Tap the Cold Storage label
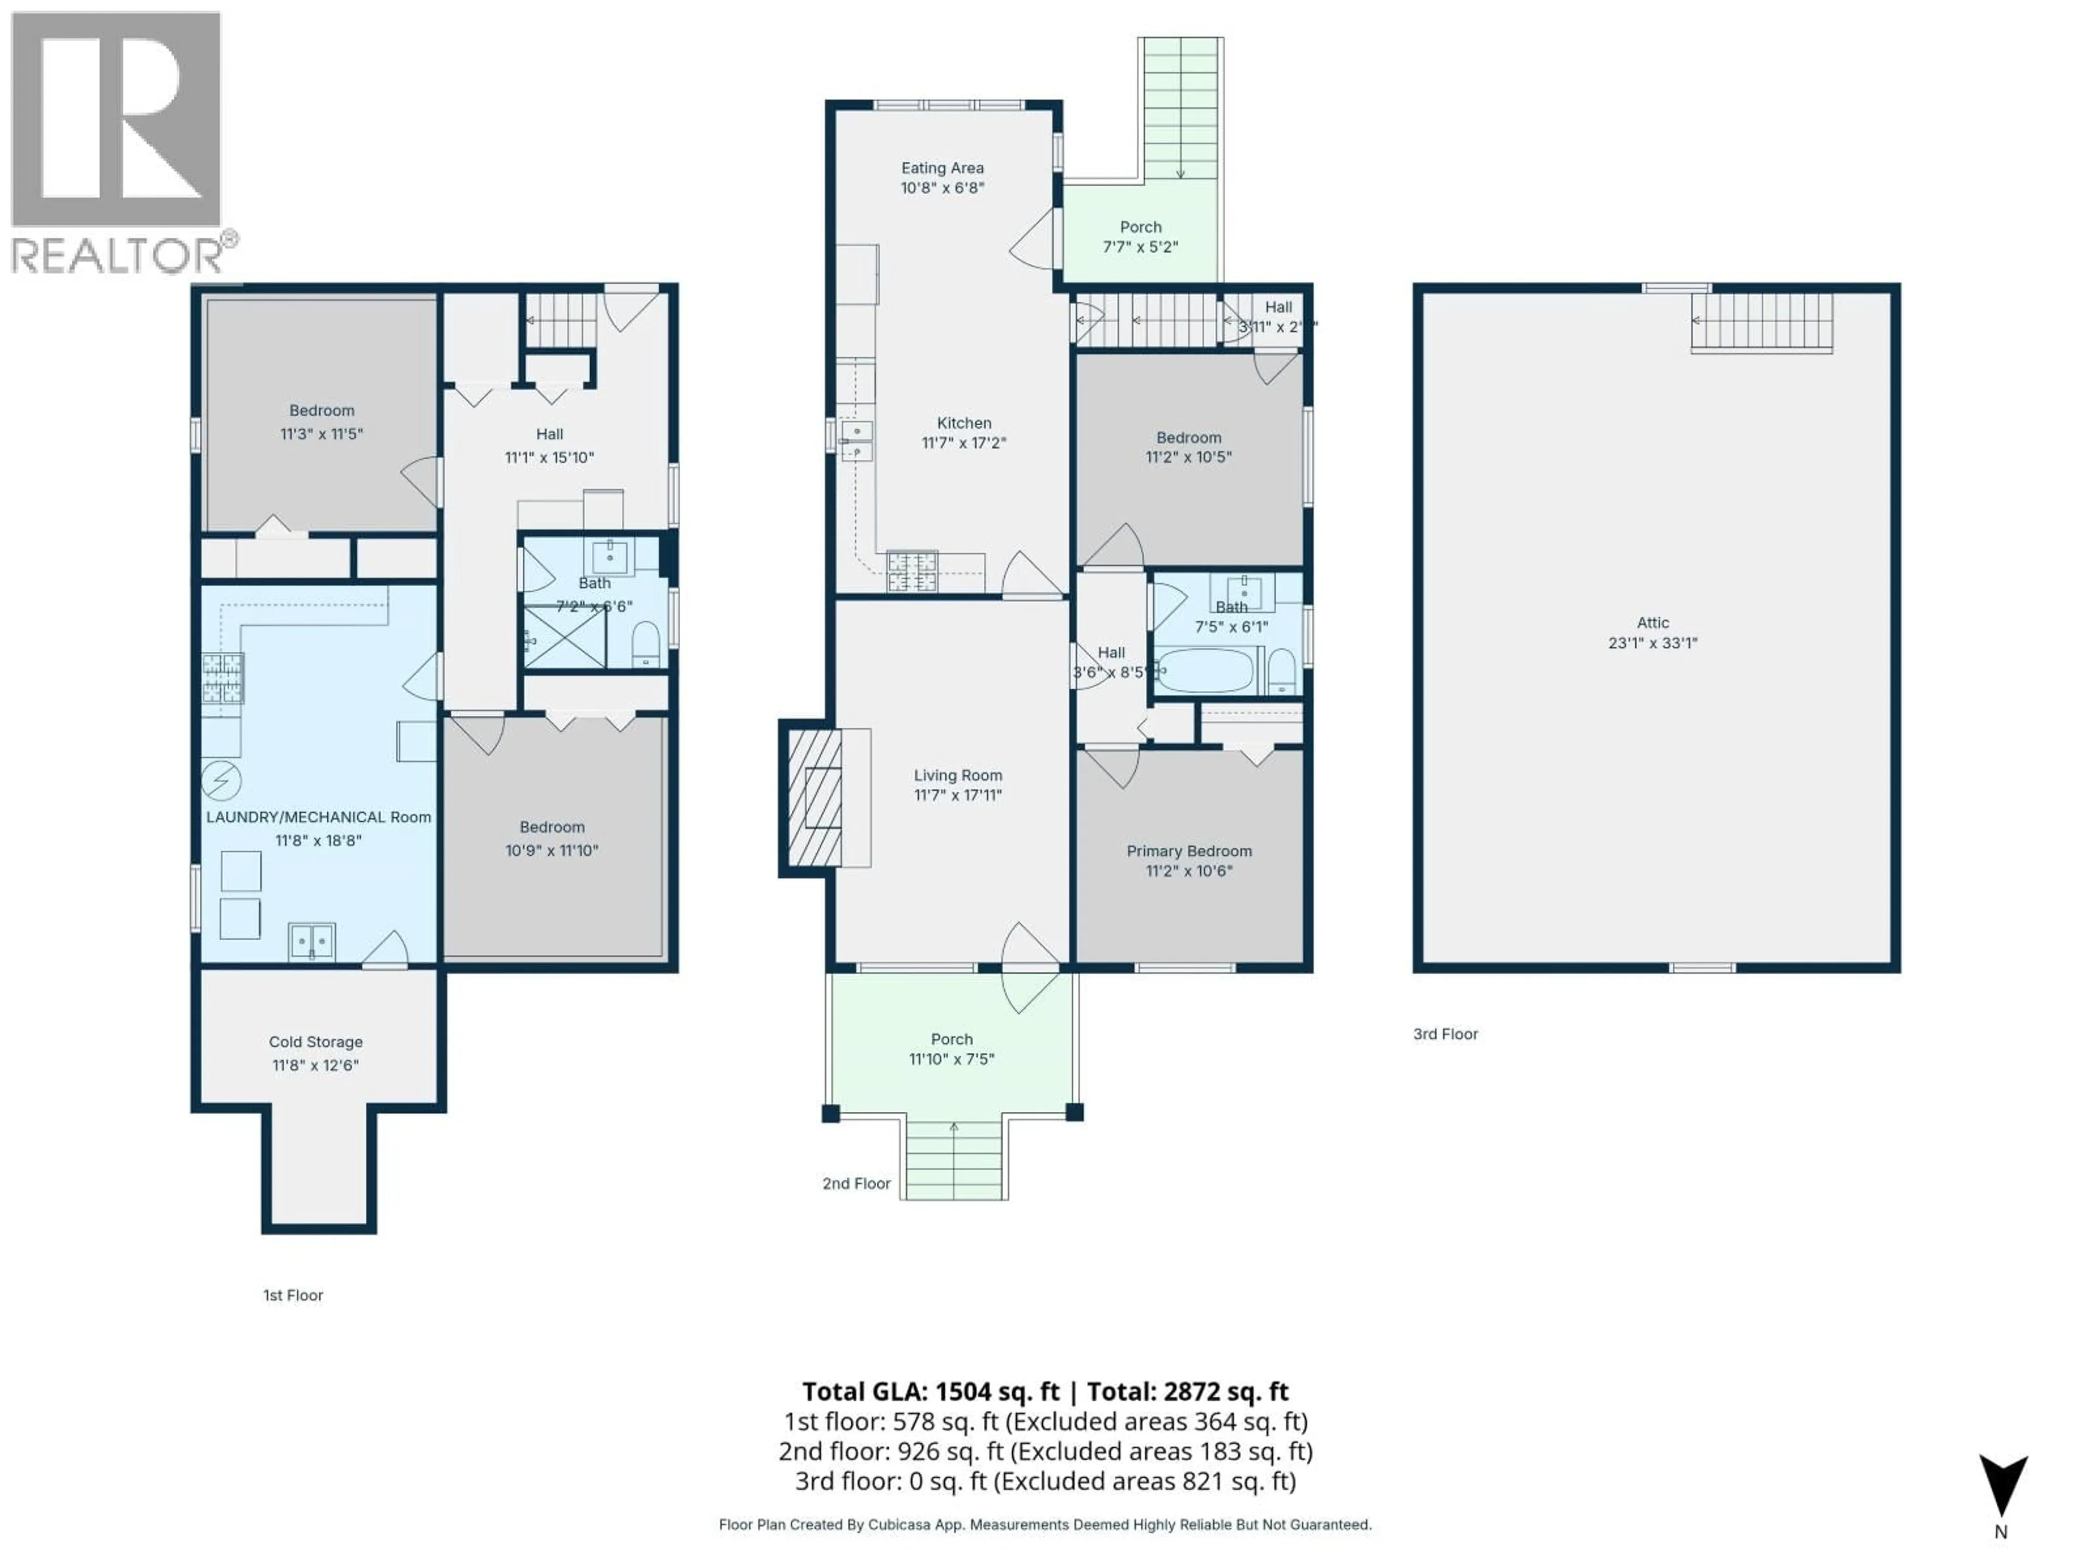pyautogui.click(x=316, y=1042)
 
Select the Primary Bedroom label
pyautogui.click(x=1188, y=850)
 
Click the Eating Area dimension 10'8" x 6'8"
pyautogui.click(x=941, y=188)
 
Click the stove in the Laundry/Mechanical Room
pyautogui.click(x=222, y=678)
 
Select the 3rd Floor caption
pyautogui.click(x=1445, y=1034)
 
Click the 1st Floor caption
pyautogui.click(x=293, y=1295)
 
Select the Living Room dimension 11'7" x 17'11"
pyautogui.click(x=958, y=795)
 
